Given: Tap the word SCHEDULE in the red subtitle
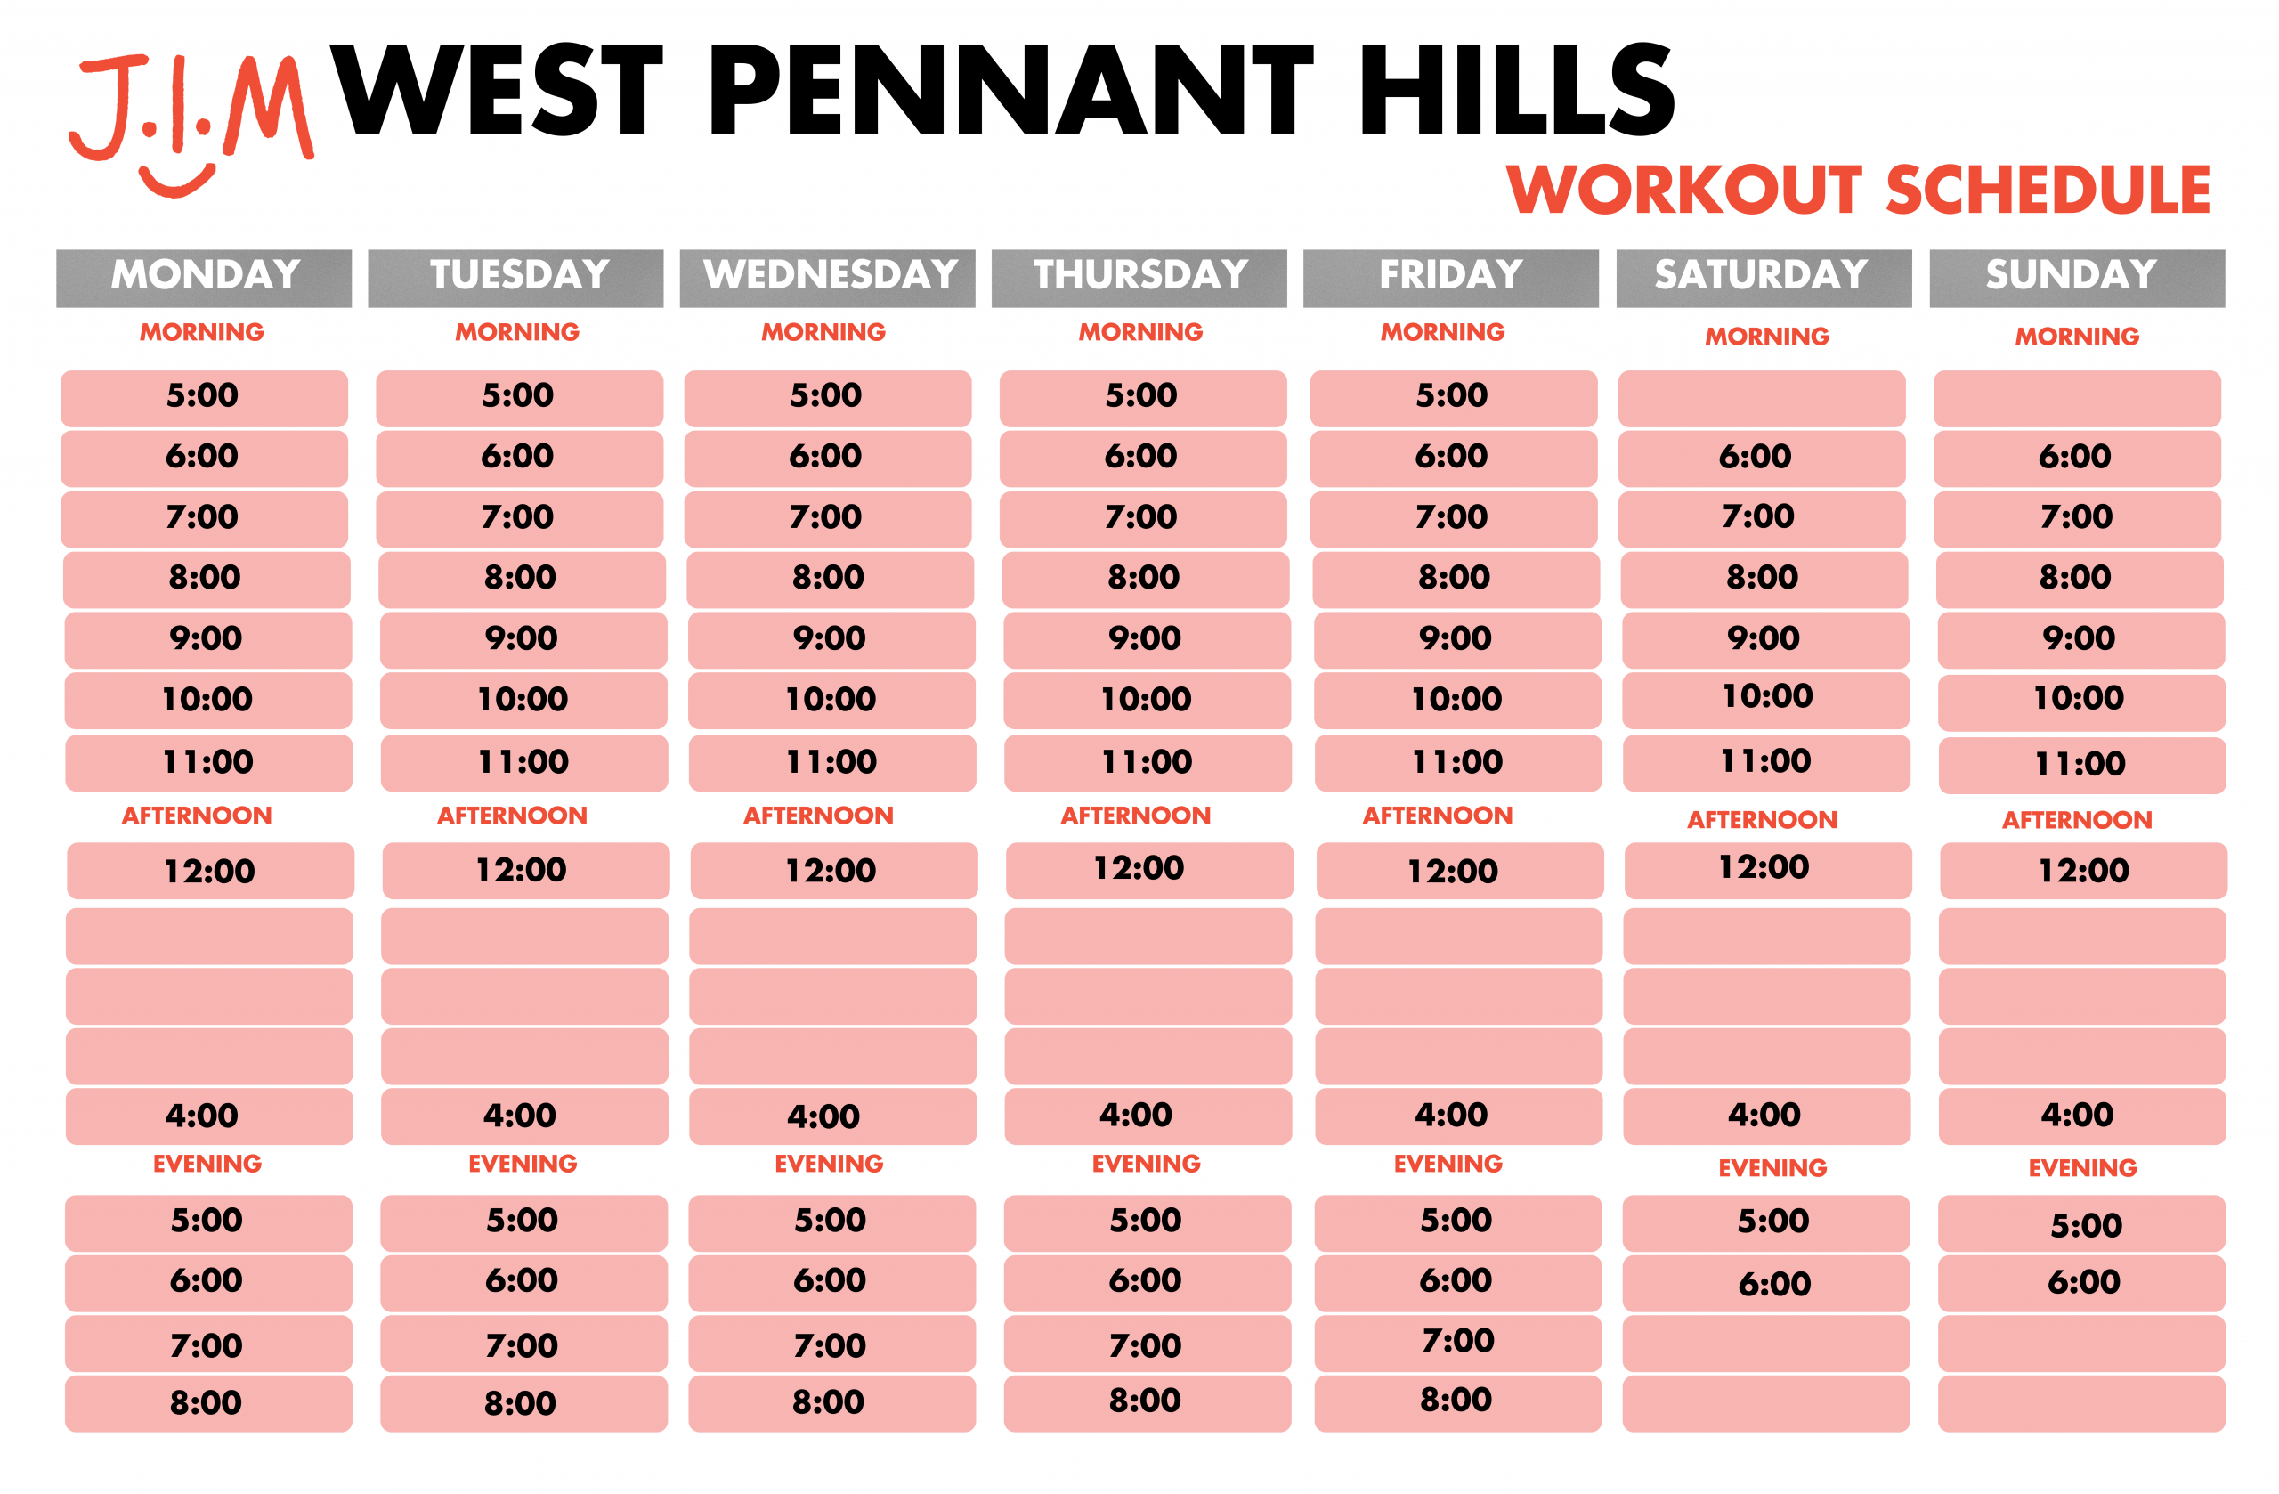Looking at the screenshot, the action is pyautogui.click(x=2048, y=190).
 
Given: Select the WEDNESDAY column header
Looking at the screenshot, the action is pyautogui.click(x=827, y=278).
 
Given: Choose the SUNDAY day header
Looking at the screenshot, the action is pyautogui.click(x=2077, y=278).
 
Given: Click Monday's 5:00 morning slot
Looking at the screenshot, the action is pyautogui.click(x=204, y=398).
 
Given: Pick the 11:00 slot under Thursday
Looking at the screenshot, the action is pyautogui.click(x=1148, y=763).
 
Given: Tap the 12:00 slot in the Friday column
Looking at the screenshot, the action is pyautogui.click(x=1459, y=871).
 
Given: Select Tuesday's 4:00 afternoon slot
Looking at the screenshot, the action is pyautogui.click(x=523, y=1116).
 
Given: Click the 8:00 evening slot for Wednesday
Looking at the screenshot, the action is pyautogui.click(x=831, y=1403).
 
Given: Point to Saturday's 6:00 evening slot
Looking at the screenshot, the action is pyautogui.click(x=1765, y=1283).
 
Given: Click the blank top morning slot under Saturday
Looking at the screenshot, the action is pyautogui.click(x=1762, y=398).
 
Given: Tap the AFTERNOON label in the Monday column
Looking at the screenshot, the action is pyautogui.click(x=198, y=816).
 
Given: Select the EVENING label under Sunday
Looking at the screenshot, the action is pyautogui.click(x=2082, y=1168).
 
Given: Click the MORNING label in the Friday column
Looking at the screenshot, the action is pyautogui.click(x=1442, y=332).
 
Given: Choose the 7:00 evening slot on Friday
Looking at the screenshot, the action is pyautogui.click(x=1457, y=1343).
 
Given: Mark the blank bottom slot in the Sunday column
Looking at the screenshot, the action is pyautogui.click(x=2081, y=1403).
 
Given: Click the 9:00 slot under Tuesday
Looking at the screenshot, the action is pyautogui.click(x=523, y=640).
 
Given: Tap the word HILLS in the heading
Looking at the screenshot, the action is pyautogui.click(x=1517, y=90).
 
